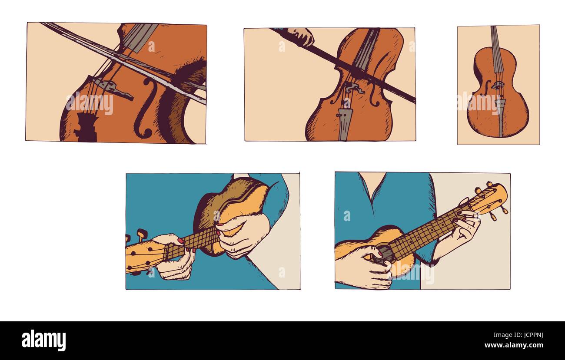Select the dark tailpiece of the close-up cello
coord(87,127)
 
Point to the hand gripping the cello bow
coord(302,36)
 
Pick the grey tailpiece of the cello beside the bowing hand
coord(344,124)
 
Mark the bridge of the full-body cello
coord(497,86)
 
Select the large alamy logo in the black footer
coord(44,340)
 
